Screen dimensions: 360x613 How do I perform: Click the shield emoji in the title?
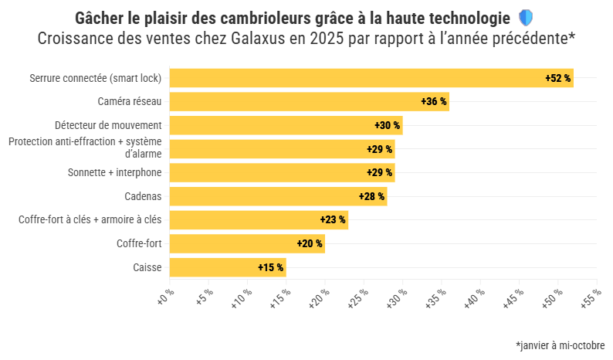coord(525,17)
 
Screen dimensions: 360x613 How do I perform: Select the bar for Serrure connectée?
coord(371,78)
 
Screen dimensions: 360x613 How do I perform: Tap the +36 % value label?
coord(434,101)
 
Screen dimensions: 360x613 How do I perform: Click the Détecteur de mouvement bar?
coord(286,125)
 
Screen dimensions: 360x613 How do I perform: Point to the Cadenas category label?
coord(143,196)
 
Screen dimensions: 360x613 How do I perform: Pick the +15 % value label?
coord(271,267)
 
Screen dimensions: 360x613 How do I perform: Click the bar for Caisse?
coord(228,267)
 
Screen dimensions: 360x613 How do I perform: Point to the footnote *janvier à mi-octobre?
coord(560,345)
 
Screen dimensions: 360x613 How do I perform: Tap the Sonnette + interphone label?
coord(114,172)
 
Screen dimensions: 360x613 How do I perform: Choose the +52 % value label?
coord(557,78)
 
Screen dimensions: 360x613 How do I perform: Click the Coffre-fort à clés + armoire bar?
coord(259,220)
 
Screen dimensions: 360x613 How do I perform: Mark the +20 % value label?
coord(310,243)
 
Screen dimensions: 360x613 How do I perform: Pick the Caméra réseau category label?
coord(129,101)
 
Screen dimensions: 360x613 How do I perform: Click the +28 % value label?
coord(371,196)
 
